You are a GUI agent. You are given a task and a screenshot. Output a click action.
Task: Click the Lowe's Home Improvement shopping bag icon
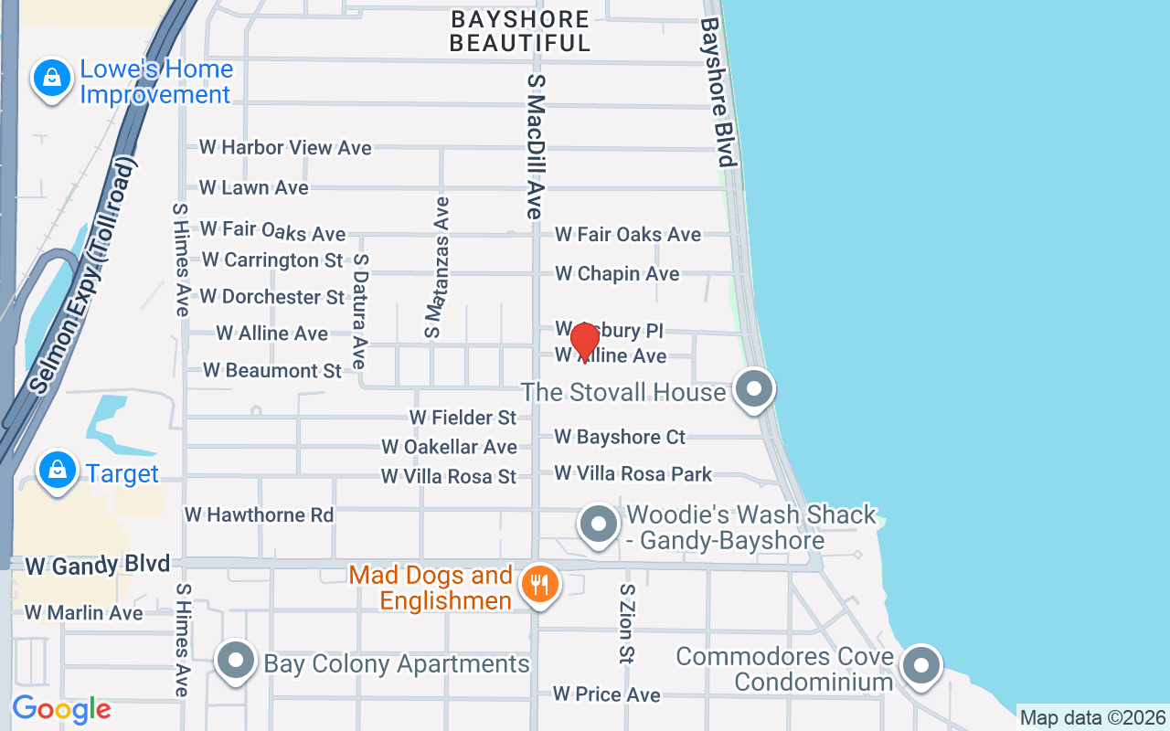tap(53, 79)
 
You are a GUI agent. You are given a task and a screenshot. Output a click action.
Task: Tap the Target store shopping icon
tap(57, 471)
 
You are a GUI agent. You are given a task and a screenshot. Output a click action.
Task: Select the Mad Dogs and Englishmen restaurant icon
tap(539, 584)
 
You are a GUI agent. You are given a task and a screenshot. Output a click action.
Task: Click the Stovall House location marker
tap(754, 389)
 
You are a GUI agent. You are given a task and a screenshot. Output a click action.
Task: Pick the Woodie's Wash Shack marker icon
tap(599, 525)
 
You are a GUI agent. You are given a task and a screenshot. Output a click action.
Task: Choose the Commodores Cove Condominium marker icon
tap(921, 666)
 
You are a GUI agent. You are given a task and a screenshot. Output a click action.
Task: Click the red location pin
tap(584, 343)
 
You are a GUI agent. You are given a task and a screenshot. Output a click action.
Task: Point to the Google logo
tap(61, 709)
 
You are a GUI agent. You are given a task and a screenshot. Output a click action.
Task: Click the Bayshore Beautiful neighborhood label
tap(520, 31)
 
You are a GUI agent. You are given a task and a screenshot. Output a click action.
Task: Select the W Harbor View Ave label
tap(285, 147)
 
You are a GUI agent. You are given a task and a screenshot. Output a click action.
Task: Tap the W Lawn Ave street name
tap(254, 187)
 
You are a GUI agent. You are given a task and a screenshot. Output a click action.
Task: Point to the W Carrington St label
tap(272, 260)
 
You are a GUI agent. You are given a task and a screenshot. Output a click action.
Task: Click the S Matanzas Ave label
tap(438, 267)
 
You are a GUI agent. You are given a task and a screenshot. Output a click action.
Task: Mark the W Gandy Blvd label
tap(97, 566)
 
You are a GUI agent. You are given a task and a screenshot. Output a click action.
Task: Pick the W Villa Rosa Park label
tap(633, 473)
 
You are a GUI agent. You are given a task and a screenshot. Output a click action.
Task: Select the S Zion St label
tap(626, 623)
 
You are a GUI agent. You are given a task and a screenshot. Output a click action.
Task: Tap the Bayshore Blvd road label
tap(718, 92)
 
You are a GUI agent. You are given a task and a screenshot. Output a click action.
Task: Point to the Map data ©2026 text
tap(1092, 717)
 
